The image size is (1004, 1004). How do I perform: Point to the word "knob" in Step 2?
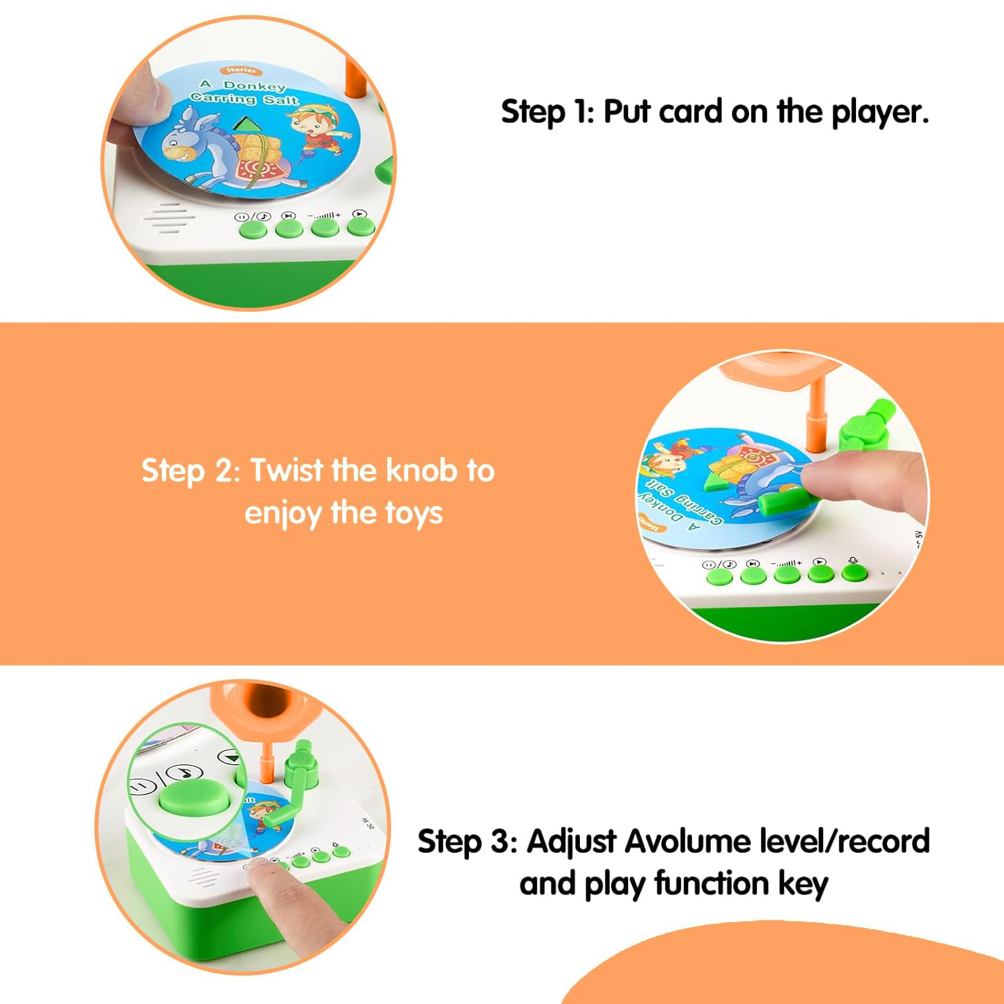pos(421,470)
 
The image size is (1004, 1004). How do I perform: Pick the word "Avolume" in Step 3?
pos(687,842)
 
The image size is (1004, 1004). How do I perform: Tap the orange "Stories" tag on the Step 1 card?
pos(241,71)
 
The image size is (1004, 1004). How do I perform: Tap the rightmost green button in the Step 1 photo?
pos(361,227)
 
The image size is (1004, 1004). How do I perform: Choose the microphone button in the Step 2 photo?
pos(855,571)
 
